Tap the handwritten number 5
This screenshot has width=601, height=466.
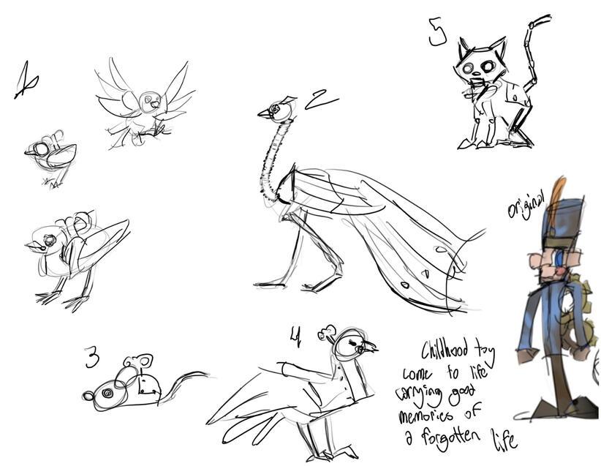tap(437, 32)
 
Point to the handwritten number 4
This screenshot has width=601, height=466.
tap(295, 336)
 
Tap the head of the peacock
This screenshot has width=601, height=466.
tap(277, 110)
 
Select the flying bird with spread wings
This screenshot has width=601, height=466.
tap(145, 103)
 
